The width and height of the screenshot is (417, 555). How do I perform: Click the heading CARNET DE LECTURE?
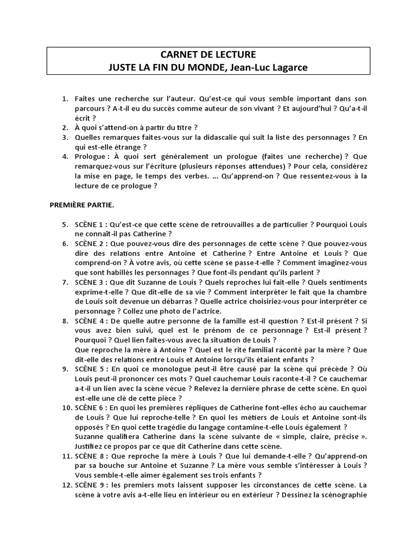tap(208, 55)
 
